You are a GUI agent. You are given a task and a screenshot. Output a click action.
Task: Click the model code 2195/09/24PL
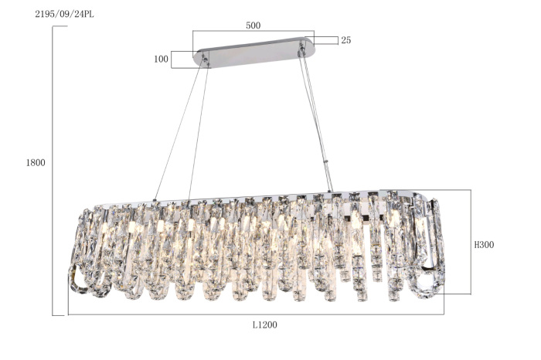click(64, 15)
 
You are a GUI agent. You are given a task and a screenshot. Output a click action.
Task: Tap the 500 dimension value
click(253, 25)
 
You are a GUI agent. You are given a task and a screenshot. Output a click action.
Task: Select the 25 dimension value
click(346, 40)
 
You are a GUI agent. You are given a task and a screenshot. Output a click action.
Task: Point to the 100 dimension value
click(161, 59)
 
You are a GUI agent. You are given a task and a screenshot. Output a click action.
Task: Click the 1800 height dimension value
click(36, 162)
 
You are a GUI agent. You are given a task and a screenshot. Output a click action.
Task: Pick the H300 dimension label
click(484, 245)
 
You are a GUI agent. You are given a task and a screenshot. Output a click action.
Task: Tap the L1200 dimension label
click(264, 324)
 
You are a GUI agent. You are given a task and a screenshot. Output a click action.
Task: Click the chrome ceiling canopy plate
click(254, 52)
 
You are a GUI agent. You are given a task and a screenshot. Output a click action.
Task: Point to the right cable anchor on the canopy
click(302, 48)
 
